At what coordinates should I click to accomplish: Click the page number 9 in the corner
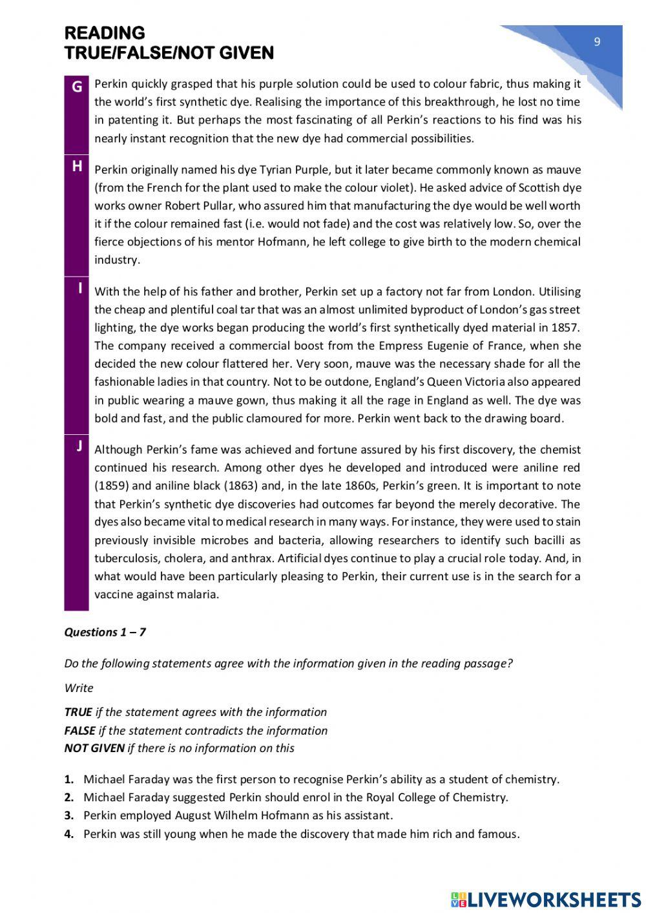coord(597,42)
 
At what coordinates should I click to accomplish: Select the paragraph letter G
coord(77,87)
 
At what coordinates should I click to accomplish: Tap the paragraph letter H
coord(77,167)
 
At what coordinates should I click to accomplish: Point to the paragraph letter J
coord(79,446)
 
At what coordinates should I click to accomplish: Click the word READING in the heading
coord(105,33)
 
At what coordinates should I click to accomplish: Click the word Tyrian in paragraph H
coord(276,170)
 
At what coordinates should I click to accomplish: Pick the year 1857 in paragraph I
coord(566,328)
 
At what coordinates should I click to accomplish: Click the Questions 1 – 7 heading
coord(105,632)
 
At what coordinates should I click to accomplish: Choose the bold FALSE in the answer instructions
coord(79,731)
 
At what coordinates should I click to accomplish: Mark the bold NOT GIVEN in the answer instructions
coord(94,748)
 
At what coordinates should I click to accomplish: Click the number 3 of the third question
coord(68,815)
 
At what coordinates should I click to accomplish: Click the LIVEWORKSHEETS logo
coord(546,899)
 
